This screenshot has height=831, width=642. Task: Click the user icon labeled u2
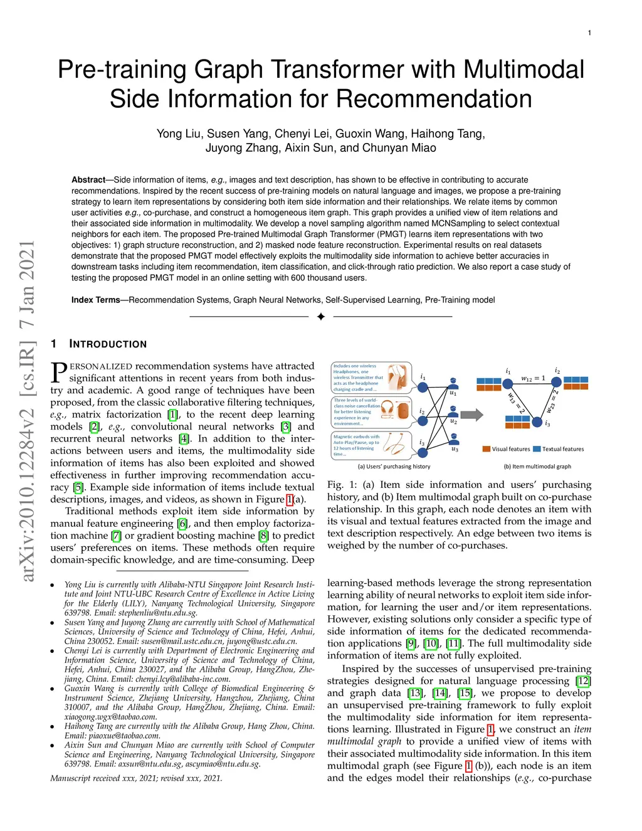pyautogui.click(x=453, y=412)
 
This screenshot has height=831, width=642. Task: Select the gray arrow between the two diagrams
pyautogui.click(x=471, y=414)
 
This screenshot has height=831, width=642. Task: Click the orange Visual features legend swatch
pyautogui.click(x=486, y=449)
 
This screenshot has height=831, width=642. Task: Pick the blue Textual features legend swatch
pyautogui.click(x=536, y=449)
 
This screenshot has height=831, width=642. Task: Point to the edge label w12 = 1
pyautogui.click(x=533, y=379)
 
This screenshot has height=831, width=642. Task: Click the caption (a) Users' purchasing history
pyautogui.click(x=394, y=467)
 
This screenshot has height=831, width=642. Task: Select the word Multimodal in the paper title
pyautogui.click(x=513, y=70)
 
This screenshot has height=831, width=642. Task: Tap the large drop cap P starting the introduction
pyautogui.click(x=58, y=373)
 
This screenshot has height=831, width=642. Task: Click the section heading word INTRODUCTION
pyautogui.click(x=108, y=344)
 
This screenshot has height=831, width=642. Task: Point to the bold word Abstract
pyautogui.click(x=88, y=180)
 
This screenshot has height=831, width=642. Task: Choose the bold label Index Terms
pyautogui.click(x=95, y=300)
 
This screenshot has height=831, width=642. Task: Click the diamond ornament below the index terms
pyautogui.click(x=321, y=317)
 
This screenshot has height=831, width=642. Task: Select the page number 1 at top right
pyautogui.click(x=589, y=33)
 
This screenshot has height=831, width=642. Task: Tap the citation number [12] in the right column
pyautogui.click(x=584, y=681)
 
